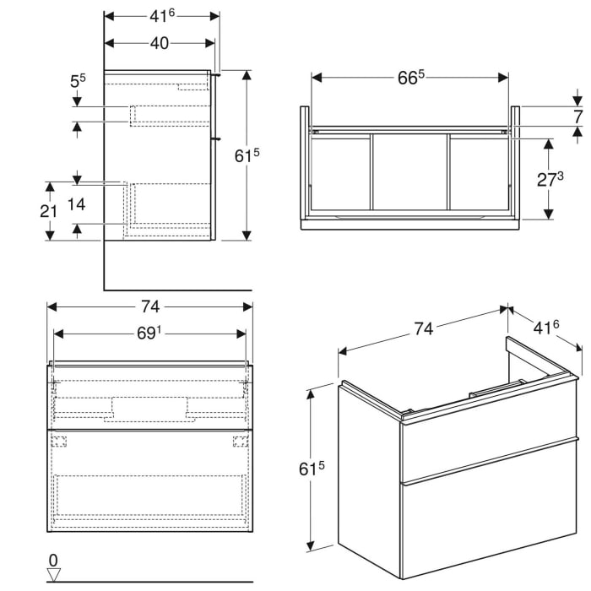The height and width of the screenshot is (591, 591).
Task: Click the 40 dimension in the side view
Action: point(159,44)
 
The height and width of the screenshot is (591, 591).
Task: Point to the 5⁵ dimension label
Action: point(78,83)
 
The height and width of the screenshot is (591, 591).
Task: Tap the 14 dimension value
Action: point(100,204)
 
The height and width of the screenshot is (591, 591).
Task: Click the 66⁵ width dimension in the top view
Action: point(410,78)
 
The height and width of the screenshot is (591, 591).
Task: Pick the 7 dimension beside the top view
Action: point(578,117)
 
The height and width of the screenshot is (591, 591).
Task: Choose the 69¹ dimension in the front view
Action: point(149,333)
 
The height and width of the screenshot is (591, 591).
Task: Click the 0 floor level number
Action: point(52,560)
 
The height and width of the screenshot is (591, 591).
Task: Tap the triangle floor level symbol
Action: point(54,574)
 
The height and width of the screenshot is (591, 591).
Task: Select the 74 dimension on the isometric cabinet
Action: point(424,328)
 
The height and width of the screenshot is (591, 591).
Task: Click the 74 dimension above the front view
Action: point(149,306)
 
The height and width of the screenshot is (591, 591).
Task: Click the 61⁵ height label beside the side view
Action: point(246,155)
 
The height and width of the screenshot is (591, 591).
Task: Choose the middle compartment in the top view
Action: point(410,172)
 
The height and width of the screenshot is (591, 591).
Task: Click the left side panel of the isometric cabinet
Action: point(369,477)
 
